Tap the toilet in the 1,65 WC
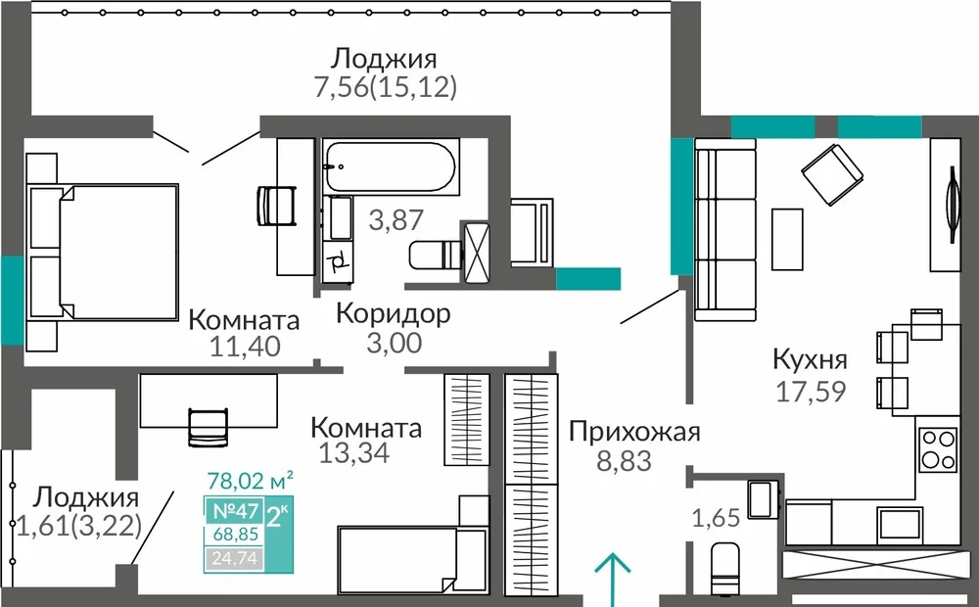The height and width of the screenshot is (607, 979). pos(724,568)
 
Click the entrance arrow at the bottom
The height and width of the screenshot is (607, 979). pos(612,579)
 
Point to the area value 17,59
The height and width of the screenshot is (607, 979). pos(811,392)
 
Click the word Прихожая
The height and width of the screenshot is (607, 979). pos(634,432)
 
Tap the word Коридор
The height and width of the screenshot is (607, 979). pos(394,313)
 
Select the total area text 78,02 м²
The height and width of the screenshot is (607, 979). pos(250,481)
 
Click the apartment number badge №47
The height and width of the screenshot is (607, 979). pos(235,511)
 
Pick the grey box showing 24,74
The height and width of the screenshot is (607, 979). pos(234,558)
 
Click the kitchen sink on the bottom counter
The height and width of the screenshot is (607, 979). pos(900,524)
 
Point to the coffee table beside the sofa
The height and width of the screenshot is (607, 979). pos(787,239)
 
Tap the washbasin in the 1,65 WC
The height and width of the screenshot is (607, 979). pos(763,498)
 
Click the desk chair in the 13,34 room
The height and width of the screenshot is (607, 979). pos(208,427)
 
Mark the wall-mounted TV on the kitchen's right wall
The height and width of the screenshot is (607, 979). pos(953,205)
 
